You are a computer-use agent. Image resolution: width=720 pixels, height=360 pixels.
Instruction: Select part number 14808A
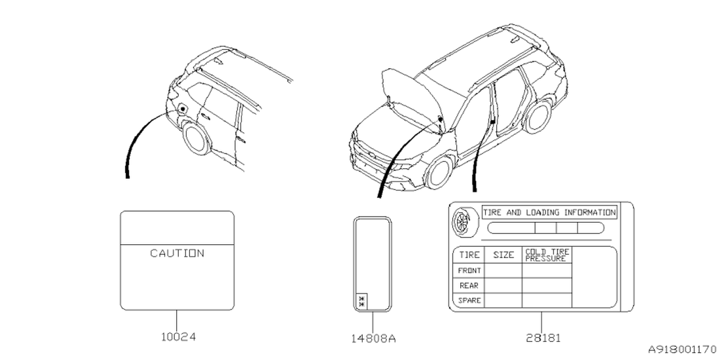tap(372, 339)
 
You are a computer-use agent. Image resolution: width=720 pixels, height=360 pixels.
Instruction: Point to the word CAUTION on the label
tap(177, 253)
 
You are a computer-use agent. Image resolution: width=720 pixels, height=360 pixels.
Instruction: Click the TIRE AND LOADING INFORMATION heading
tap(549, 213)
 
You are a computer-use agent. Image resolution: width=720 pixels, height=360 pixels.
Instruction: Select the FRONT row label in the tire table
tap(469, 271)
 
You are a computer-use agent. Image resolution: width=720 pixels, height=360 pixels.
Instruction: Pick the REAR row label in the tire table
tap(469, 286)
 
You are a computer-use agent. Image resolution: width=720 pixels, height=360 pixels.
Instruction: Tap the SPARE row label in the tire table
tap(469, 300)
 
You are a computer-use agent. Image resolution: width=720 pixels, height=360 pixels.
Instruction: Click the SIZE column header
tap(503, 255)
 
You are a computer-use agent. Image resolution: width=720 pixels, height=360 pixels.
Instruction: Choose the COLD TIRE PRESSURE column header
tap(547, 255)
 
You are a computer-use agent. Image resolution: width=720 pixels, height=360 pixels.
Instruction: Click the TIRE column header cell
tap(469, 255)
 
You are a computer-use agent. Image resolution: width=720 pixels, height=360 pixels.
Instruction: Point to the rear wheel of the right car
tap(537, 116)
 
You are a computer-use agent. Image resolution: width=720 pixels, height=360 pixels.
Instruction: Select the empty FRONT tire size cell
tap(503, 271)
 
